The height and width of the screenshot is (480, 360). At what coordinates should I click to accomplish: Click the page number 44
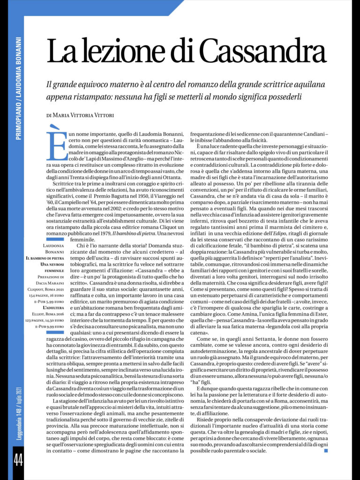coord(18,461)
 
